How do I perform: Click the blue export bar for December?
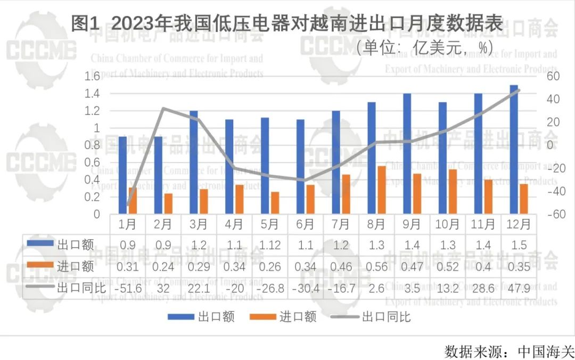click(514, 150)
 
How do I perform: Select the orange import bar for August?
click(381, 190)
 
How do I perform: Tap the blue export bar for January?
click(122, 175)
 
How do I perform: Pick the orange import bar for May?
click(275, 203)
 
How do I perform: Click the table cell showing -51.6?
click(127, 288)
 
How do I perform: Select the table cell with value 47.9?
click(519, 288)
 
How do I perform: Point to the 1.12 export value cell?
click(270, 245)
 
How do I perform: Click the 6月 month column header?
click(306, 224)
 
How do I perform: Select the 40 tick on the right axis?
click(552, 99)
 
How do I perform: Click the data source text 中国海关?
click(546, 351)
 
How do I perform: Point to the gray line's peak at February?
click(163, 108)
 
